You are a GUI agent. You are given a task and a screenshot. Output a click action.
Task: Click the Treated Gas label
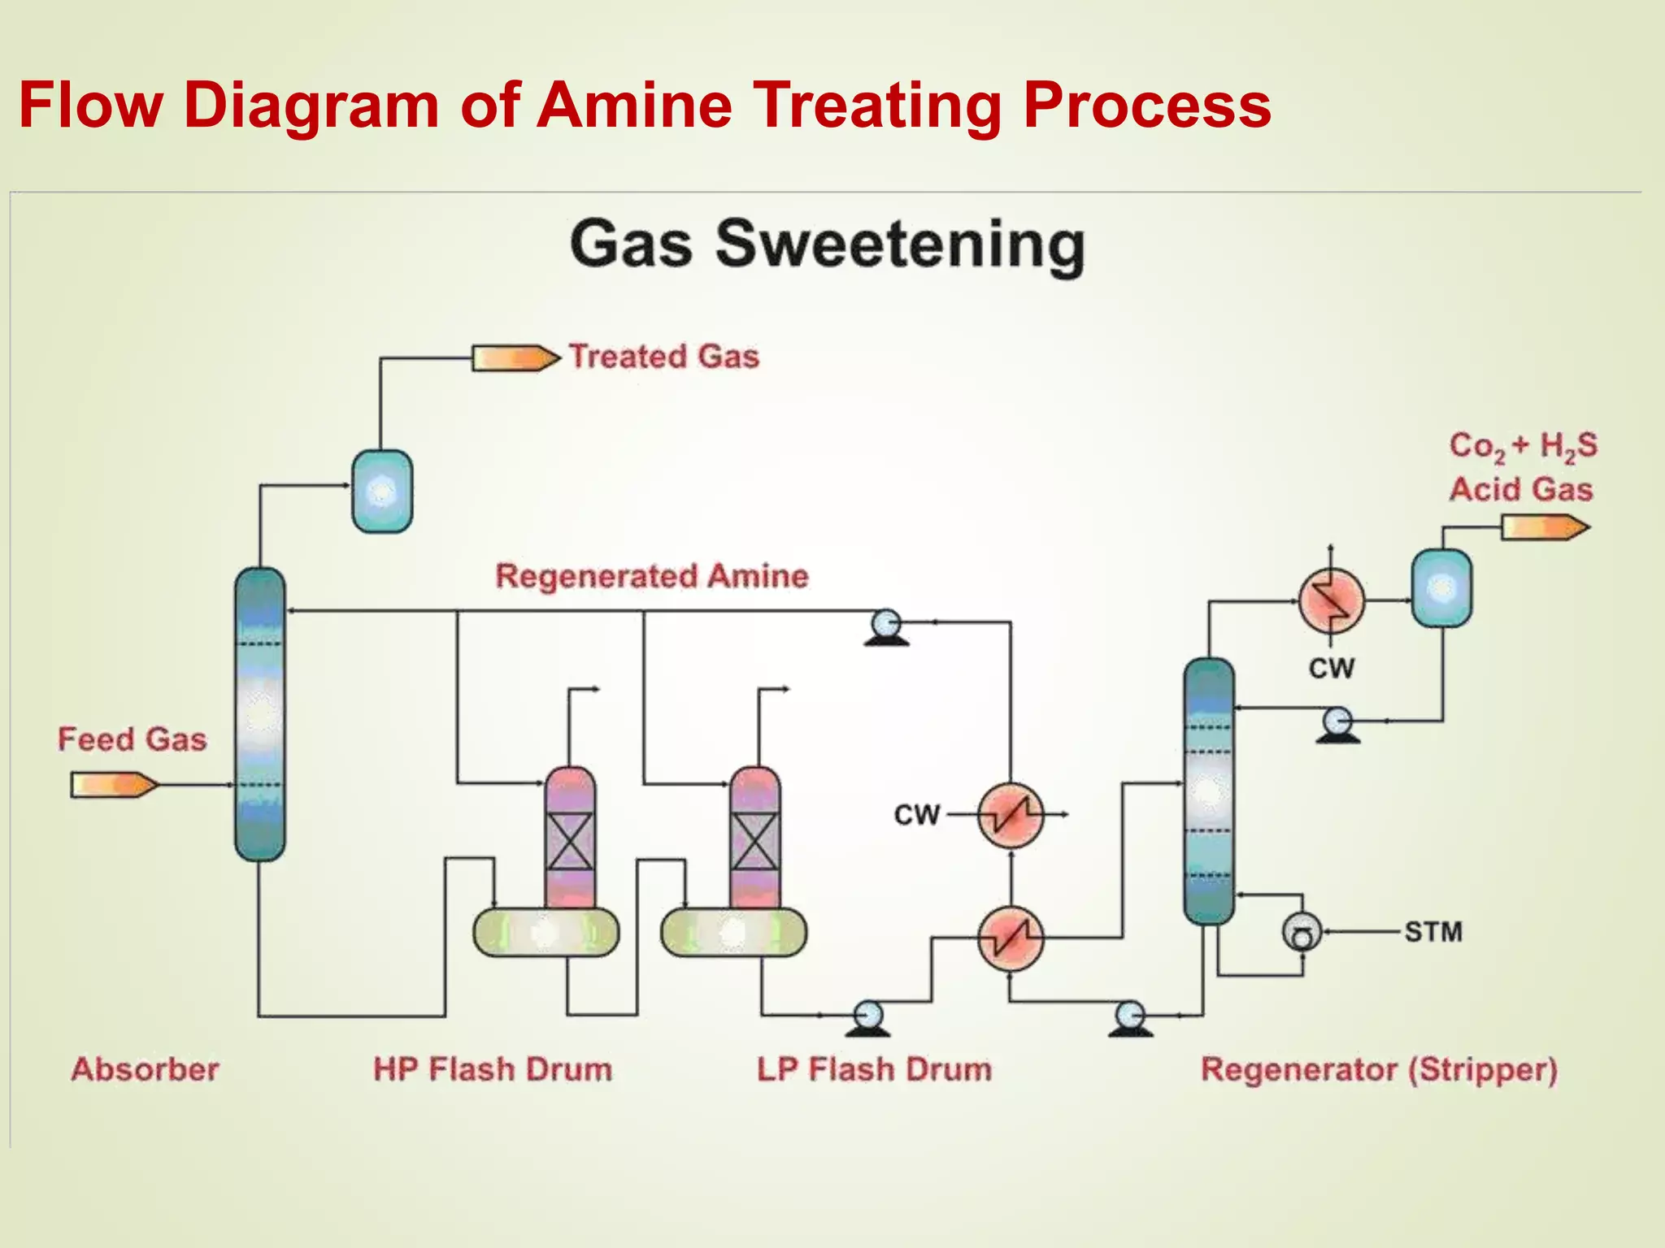point(663,357)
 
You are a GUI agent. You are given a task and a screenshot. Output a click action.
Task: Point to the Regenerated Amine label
point(652,576)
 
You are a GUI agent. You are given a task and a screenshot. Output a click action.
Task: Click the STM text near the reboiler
point(1433,932)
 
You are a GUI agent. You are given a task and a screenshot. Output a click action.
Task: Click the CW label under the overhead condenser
point(1331,669)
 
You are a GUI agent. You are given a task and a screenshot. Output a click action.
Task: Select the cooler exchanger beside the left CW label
point(1011,815)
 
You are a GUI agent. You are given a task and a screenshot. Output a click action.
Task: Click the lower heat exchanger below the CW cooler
point(1011,938)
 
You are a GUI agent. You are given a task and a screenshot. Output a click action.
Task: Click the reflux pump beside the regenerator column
point(1337,723)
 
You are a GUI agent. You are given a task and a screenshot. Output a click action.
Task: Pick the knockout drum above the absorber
point(382,492)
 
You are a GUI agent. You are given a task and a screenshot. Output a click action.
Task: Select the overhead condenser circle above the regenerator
point(1331,600)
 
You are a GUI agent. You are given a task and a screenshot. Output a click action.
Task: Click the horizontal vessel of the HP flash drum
point(546,933)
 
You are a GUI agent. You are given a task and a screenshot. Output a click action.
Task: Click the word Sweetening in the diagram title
point(900,244)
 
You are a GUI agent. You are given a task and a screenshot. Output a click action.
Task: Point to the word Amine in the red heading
point(634,105)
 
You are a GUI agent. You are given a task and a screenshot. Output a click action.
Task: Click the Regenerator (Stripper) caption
point(1379,1069)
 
